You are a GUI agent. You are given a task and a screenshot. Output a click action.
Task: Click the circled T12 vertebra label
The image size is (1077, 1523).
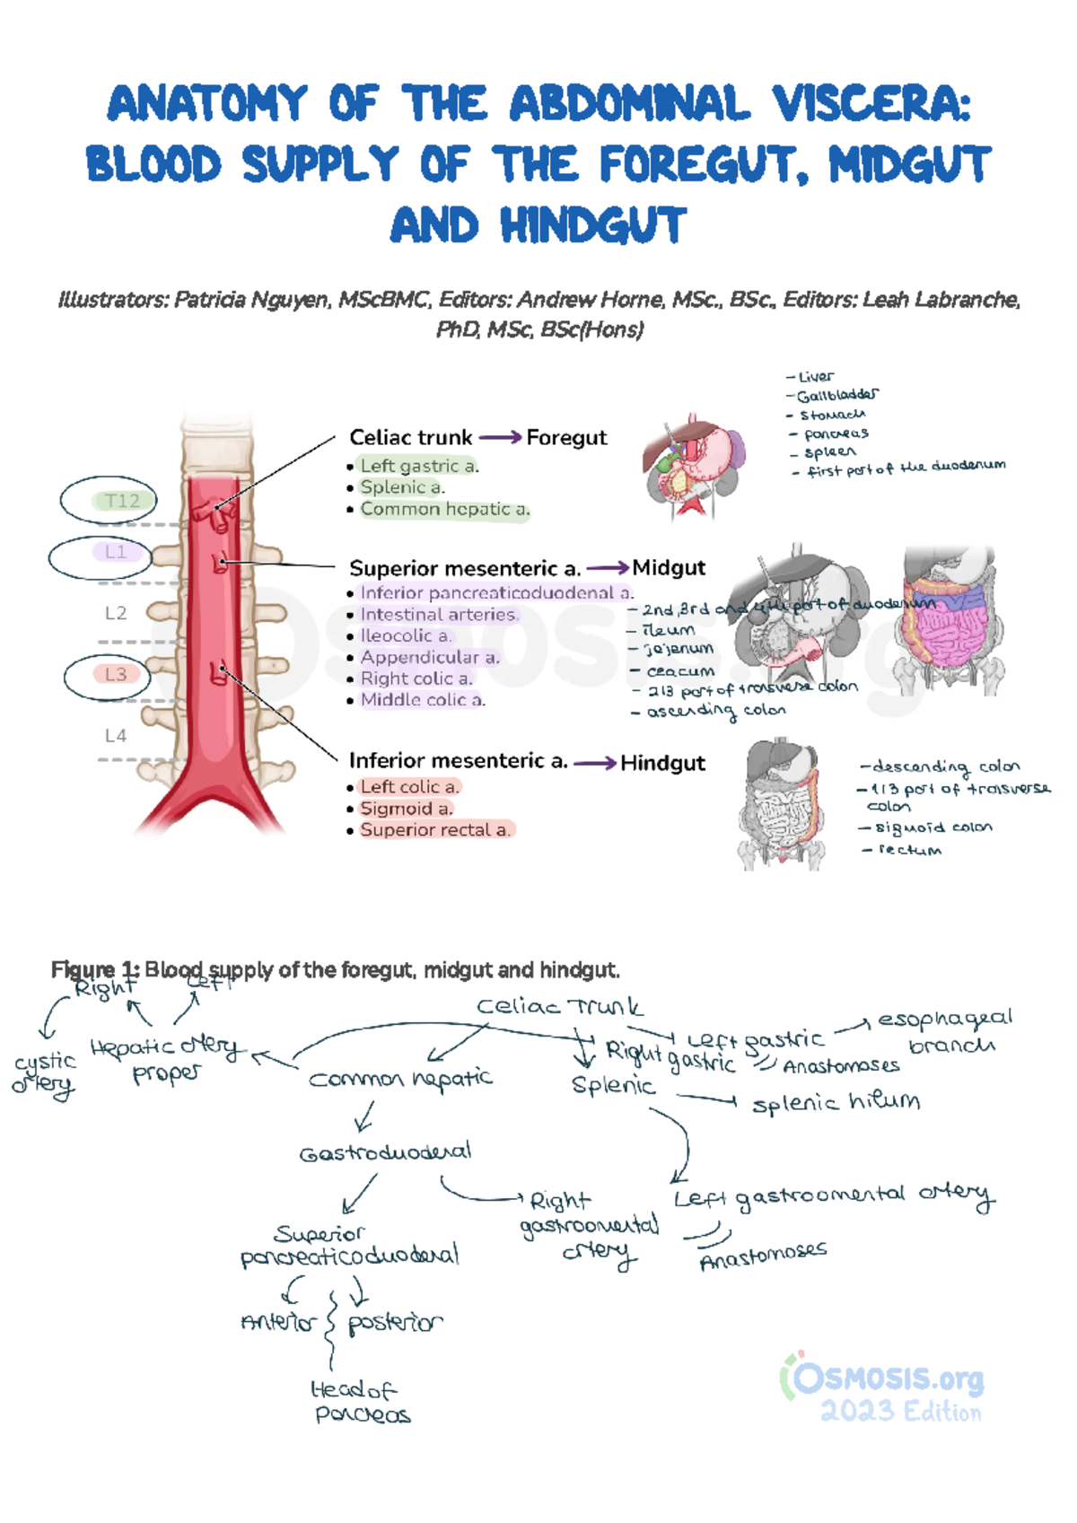122,501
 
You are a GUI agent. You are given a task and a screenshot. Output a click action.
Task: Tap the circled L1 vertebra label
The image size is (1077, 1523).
116,552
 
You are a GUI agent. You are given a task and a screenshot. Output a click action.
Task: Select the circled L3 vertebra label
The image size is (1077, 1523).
116,674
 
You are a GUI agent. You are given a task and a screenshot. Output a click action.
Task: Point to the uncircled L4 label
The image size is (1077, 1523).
116,736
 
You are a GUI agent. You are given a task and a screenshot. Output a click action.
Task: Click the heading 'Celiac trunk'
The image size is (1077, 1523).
410,437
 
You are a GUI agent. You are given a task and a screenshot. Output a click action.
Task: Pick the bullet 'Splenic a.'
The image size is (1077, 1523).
402,487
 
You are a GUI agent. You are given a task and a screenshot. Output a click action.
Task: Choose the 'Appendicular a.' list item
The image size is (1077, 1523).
430,657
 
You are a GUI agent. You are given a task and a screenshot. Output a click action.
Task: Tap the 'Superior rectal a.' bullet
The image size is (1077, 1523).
435,830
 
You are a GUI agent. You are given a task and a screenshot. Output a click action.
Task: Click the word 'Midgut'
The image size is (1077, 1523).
669,568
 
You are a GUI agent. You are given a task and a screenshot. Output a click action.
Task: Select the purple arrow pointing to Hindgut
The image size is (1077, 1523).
595,764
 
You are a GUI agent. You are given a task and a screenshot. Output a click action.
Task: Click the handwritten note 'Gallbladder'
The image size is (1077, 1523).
837,395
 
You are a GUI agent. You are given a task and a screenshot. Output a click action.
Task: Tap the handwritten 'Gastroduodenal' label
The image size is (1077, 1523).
385,1152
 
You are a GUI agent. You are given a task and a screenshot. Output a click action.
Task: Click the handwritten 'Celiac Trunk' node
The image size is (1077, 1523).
559,1007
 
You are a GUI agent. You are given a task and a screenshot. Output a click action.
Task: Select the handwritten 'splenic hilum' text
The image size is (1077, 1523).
836,1102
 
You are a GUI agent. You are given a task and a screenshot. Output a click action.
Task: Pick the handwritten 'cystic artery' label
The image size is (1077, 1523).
44,1073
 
